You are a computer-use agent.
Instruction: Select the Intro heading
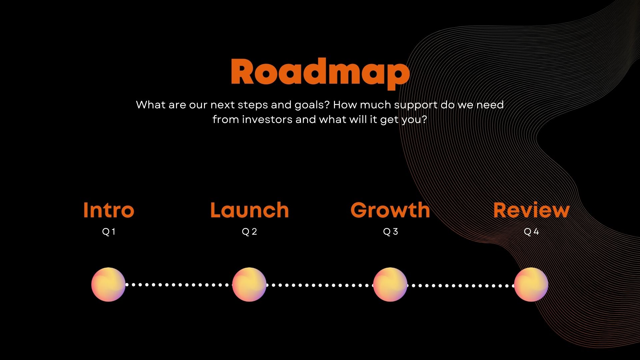coord(109,210)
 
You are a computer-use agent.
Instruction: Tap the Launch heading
coord(249,210)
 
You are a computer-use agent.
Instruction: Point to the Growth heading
coord(390,210)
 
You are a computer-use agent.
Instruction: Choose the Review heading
coord(531,210)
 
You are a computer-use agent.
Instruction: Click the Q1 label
coord(109,232)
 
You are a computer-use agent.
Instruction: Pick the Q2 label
coord(249,232)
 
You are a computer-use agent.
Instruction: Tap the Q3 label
coord(390,232)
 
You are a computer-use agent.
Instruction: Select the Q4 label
coord(531,232)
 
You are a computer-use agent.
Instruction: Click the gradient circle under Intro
coord(108,285)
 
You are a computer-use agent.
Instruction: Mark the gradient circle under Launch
coord(249,285)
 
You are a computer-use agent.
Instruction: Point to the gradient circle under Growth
coord(390,285)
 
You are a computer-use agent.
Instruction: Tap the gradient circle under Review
coord(531,285)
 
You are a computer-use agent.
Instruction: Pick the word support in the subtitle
coord(416,105)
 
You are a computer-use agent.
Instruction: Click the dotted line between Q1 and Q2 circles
coord(179,285)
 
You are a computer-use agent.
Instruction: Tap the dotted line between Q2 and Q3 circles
coord(320,285)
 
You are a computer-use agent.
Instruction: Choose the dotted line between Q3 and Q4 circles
coord(461,285)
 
